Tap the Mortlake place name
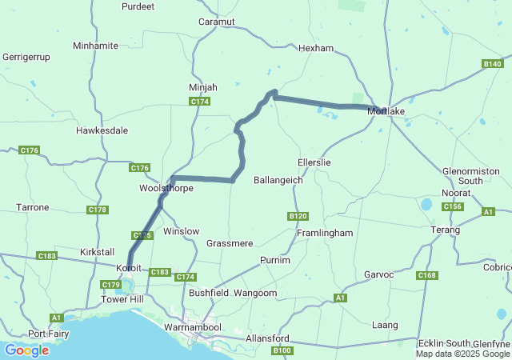386,111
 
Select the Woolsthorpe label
166,188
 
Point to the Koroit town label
129,268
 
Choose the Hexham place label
315,49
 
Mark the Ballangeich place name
278,181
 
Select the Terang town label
446,230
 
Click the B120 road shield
298,217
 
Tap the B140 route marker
492,64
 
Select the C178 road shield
98,210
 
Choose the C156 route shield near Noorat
453,207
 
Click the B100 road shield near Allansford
282,351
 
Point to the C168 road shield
426,276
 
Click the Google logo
26,350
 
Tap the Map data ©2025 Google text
462,354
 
